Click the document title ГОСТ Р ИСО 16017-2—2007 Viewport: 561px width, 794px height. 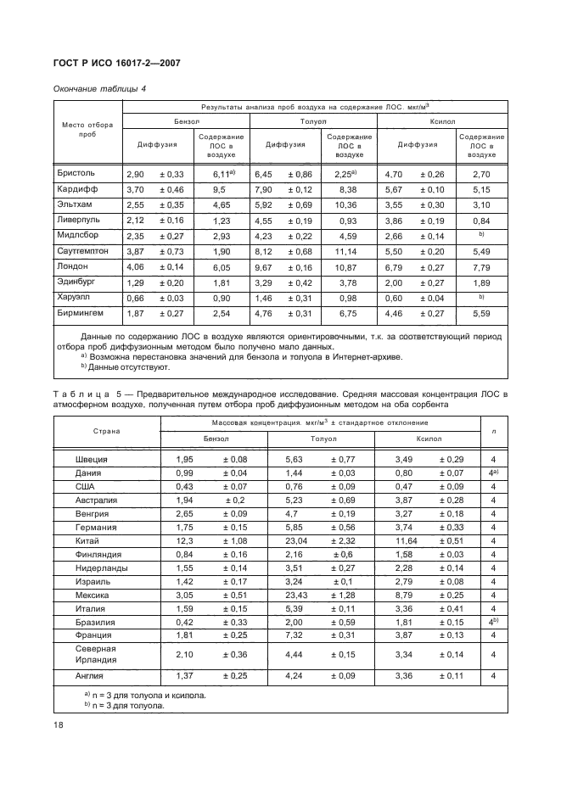point(116,64)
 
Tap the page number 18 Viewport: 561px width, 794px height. point(59,725)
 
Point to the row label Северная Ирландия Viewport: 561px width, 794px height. point(98,654)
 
